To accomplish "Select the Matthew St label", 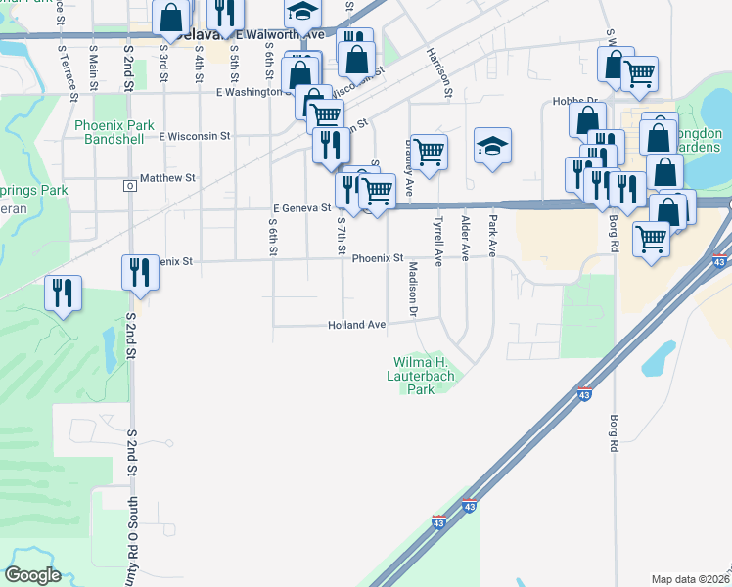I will coord(167,178).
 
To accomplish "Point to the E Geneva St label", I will coord(302,207).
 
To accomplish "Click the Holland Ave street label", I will coord(356,324).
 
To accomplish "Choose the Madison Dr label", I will coord(413,290).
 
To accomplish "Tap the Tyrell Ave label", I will coord(438,241).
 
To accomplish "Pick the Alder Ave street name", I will coord(465,238).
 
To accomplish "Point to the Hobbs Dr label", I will coord(575,100).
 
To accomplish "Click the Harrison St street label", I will coord(437,73).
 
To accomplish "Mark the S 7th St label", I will coord(342,238).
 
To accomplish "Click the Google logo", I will coord(32,575).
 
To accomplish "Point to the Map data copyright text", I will coord(691,579).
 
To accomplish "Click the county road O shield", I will coord(128,185).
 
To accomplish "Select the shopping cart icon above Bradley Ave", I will coord(429,151).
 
